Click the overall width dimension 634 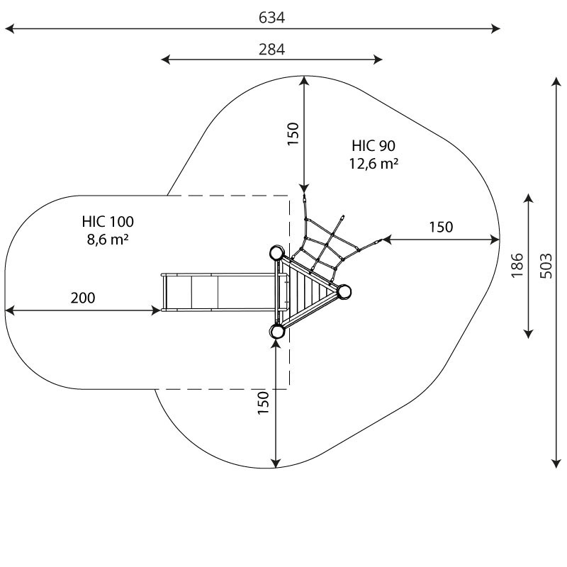(x=271, y=18)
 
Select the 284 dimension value (x=271, y=49)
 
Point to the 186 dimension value (x=517, y=265)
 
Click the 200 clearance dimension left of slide (x=82, y=298)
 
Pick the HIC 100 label (x=107, y=222)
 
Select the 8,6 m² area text (x=107, y=240)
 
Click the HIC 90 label (x=374, y=146)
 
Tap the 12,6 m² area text (x=374, y=164)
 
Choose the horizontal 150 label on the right (x=440, y=227)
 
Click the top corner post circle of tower (x=277, y=253)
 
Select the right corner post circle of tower (x=344, y=291)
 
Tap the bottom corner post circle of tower (x=277, y=331)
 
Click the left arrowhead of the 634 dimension (x=9, y=29)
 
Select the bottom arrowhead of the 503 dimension (x=556, y=464)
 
